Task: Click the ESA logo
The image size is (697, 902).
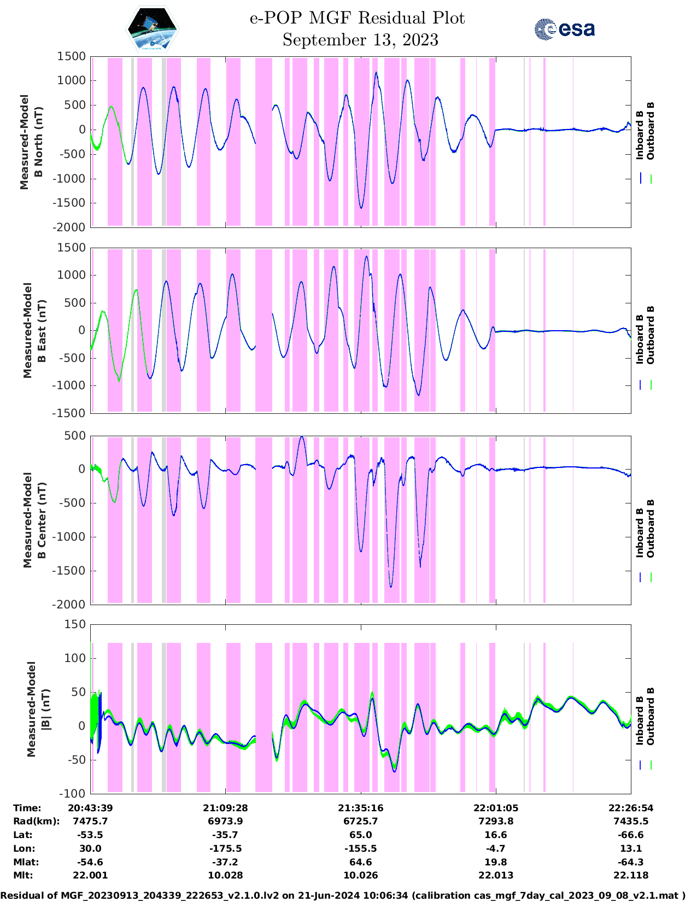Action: (564, 29)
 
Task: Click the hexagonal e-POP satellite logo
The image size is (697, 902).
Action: (153, 29)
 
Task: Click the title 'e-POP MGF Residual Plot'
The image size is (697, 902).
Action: (357, 18)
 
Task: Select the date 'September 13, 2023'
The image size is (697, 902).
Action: (360, 40)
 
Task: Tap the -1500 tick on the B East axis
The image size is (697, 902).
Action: (69, 413)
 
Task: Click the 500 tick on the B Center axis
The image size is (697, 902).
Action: (75, 436)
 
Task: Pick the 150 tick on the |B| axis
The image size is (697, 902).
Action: (75, 624)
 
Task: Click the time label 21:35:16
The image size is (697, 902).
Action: (360, 808)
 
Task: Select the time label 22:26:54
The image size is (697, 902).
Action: (631, 808)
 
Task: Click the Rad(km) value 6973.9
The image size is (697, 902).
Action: (225, 821)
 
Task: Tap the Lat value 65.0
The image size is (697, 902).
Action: (360, 835)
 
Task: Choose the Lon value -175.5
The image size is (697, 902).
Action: (225, 848)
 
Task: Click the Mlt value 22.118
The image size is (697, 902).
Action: (631, 875)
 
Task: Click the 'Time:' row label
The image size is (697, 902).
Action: (27, 808)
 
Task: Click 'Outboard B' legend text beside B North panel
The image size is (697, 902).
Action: (651, 131)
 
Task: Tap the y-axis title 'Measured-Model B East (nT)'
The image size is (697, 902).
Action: (34, 330)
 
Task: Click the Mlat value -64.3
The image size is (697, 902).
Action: (631, 862)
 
